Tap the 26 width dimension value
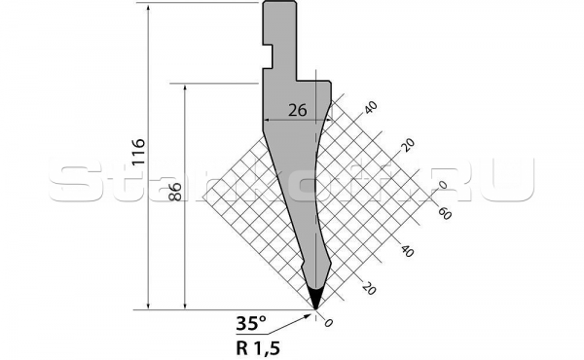(x=298, y=111)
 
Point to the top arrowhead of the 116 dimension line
(x=149, y=9)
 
